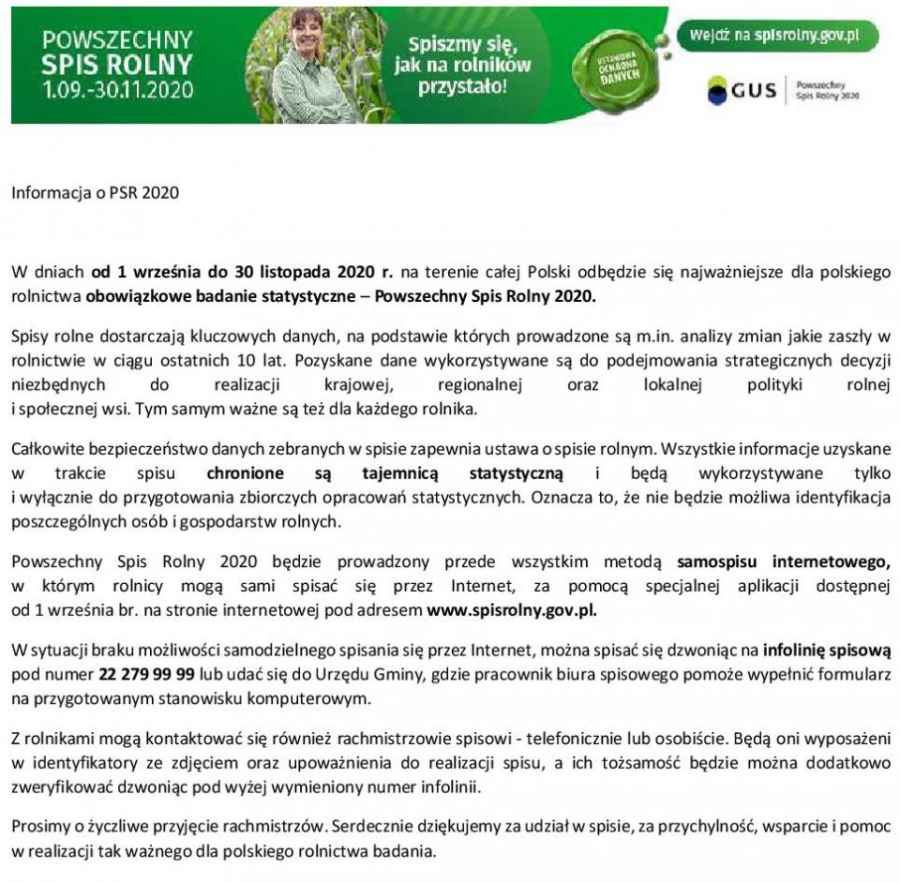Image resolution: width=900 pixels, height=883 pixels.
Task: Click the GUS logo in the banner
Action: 742,90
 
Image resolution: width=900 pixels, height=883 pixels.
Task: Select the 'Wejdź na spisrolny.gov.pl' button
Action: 778,36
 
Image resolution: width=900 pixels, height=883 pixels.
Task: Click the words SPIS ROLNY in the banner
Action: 117,65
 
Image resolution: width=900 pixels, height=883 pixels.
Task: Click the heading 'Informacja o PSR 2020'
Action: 94,194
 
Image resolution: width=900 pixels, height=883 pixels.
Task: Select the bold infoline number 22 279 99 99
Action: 146,674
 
